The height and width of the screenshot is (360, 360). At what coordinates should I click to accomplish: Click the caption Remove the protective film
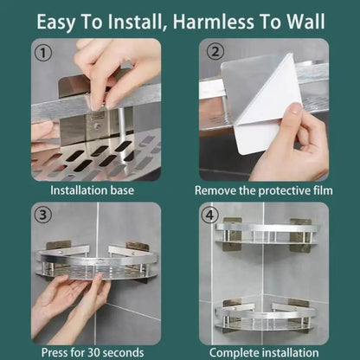pyautogui.click(x=264, y=189)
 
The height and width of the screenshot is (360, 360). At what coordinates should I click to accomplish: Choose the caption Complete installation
pyautogui.click(x=264, y=352)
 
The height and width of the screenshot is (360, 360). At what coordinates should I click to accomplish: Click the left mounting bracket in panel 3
pyautogui.click(x=57, y=250)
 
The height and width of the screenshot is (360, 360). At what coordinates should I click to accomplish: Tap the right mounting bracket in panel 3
pyautogui.click(x=137, y=251)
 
